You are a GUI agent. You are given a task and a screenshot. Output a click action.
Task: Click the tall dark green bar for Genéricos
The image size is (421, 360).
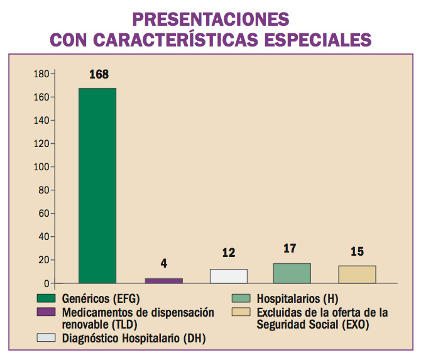tap(97, 185)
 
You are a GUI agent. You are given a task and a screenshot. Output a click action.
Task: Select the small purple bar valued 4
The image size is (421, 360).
tap(163, 280)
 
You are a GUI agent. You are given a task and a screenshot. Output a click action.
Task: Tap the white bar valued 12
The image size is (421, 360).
tap(229, 276)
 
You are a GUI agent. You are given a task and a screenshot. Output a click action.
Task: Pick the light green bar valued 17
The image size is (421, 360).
tap(292, 273)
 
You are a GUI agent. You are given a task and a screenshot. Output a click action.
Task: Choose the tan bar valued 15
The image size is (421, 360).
tap(357, 274)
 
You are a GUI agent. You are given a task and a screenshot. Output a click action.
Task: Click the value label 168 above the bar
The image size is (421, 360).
tap(99, 75)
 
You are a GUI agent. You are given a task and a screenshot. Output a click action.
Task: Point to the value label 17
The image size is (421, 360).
tap(290, 249)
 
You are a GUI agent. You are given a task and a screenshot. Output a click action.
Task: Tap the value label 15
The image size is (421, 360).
tap(357, 251)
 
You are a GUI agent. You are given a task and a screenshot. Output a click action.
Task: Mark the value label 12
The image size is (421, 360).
tap(229, 253)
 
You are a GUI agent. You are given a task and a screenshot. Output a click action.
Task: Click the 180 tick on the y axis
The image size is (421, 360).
tap(41, 74)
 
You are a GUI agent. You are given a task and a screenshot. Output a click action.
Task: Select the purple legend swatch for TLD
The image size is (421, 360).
tap(46, 312)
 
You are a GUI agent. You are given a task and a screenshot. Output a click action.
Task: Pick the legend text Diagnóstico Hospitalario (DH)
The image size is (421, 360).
tap(134, 339)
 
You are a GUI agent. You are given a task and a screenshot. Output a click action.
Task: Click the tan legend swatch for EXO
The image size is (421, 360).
tap(241, 312)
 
